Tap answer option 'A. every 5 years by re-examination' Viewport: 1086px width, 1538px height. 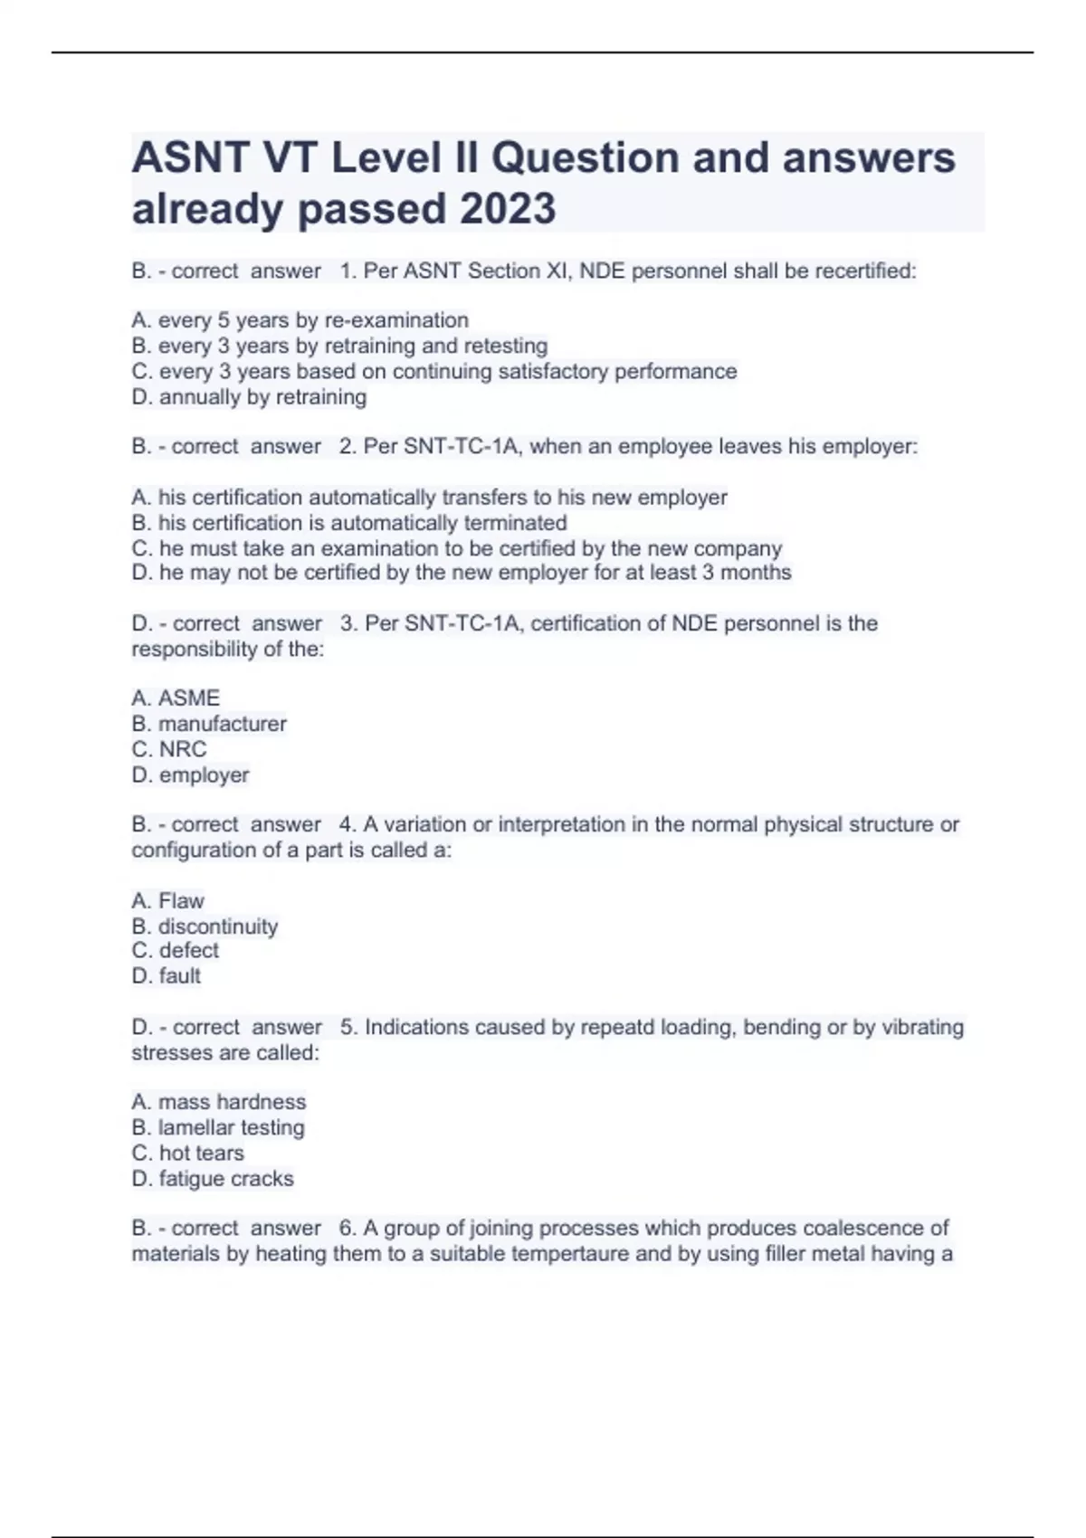point(300,320)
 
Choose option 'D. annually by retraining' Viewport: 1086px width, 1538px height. point(249,397)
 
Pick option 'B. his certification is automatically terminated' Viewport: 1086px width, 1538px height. point(349,523)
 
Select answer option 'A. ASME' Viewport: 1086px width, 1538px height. point(176,698)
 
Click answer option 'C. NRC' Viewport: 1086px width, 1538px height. point(169,749)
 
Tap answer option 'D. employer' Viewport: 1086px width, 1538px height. point(190,775)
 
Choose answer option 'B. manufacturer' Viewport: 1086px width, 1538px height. point(209,724)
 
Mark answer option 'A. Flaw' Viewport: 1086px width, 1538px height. point(167,901)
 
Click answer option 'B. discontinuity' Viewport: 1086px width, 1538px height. point(205,926)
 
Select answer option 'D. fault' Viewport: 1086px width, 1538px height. point(167,976)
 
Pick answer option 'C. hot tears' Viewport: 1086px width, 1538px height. point(187,1153)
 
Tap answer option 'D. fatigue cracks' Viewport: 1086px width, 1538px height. point(213,1179)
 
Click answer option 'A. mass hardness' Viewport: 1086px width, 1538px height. point(219,1102)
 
